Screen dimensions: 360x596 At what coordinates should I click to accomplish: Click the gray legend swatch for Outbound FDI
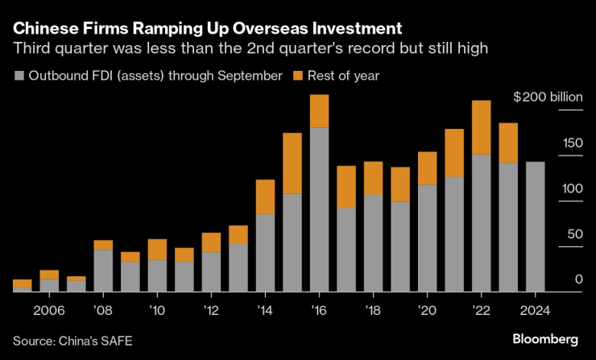coord(19,76)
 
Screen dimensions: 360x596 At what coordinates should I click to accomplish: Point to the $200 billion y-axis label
coord(548,97)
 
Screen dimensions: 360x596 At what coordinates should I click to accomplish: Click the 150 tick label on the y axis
coord(571,143)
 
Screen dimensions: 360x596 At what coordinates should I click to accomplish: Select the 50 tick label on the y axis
coord(573,234)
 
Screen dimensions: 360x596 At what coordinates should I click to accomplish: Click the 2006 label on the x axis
coord(49,309)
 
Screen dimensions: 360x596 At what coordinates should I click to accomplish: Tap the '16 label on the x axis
coord(319,309)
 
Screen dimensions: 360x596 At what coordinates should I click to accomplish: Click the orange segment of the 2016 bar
coord(319,111)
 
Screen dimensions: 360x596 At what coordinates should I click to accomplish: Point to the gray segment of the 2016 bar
coord(319,209)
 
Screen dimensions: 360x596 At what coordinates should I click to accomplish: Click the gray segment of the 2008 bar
coord(103,270)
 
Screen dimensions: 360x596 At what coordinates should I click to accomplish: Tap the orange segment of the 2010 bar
coord(157,250)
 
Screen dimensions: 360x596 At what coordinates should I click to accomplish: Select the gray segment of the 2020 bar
coord(428,238)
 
